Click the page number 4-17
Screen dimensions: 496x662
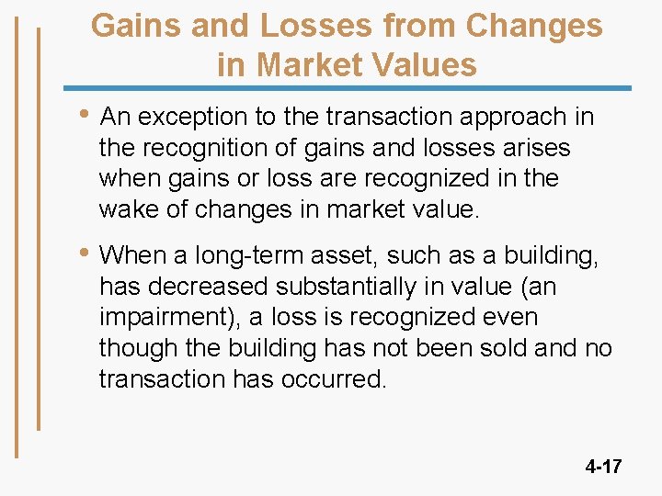coord(603,467)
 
